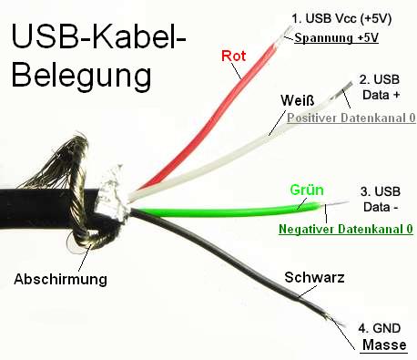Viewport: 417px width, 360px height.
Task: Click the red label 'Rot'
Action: [233, 56]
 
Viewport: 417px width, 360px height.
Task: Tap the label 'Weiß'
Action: [298, 100]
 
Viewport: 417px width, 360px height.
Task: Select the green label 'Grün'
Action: [307, 190]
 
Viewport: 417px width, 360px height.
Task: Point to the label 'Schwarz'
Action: [314, 277]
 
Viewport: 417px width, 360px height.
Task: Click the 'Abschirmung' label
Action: [60, 279]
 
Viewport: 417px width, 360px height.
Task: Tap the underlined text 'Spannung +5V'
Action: [336, 38]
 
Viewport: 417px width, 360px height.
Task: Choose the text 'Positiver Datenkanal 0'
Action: [351, 118]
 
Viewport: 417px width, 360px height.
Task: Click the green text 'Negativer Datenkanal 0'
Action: [346, 229]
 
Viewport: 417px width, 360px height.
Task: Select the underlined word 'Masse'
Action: [384, 345]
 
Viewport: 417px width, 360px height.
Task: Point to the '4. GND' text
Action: [380, 328]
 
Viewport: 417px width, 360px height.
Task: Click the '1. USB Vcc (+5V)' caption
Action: [341, 18]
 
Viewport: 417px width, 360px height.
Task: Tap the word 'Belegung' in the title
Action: [81, 76]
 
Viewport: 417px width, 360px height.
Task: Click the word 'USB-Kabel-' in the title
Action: [98, 36]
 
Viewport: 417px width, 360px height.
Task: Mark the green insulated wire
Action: [225, 211]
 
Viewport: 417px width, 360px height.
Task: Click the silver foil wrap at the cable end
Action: [112, 194]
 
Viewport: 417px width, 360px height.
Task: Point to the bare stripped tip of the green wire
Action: [335, 202]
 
